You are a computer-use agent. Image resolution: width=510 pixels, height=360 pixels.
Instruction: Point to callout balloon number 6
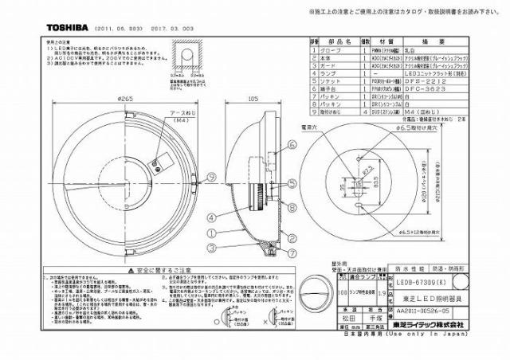point(293,144)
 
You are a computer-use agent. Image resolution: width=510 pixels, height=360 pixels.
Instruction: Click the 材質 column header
point(386,41)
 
